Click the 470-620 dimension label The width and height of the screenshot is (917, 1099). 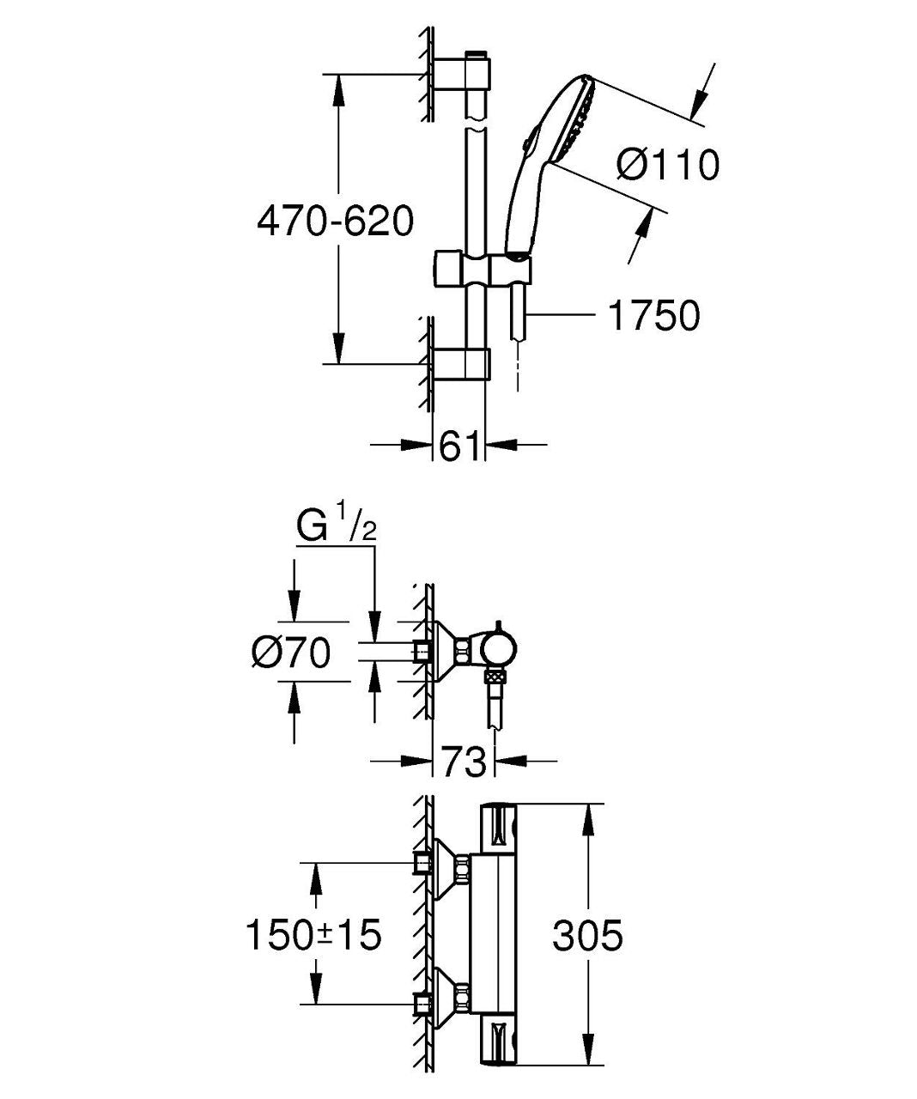pyautogui.click(x=336, y=221)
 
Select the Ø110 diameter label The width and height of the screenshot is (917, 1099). pyautogui.click(x=668, y=164)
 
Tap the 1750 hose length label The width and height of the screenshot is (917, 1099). pyautogui.click(x=653, y=316)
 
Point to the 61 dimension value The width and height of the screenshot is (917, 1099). pyautogui.click(x=459, y=446)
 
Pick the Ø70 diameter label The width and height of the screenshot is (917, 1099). pyautogui.click(x=291, y=653)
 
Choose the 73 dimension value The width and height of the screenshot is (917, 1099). pyautogui.click(x=464, y=762)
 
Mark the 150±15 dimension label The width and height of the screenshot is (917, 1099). pyautogui.click(x=313, y=935)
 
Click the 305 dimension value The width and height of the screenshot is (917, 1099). pyautogui.click(x=587, y=935)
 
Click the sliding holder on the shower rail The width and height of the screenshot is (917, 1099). pyautogui.click(x=483, y=269)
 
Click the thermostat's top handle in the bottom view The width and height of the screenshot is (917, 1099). pyautogui.click(x=500, y=832)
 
